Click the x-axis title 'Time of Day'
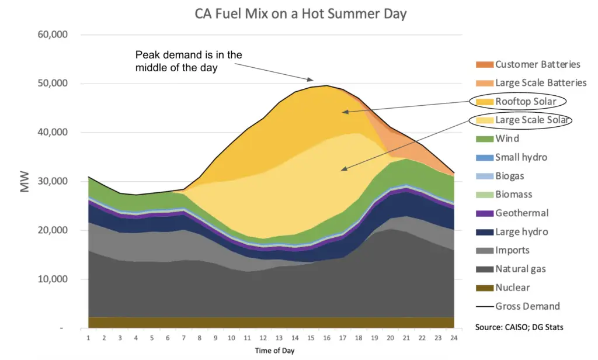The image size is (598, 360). pos(274,351)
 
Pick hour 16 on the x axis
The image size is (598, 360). pos(326,338)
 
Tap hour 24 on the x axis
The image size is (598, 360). pos(453,338)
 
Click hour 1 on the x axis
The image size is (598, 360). pos(88,338)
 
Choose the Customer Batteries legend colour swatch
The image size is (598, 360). pos(484,64)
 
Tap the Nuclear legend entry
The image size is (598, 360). pos(512,288)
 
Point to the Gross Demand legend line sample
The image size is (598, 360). pos(484,306)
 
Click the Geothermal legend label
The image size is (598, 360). pos(521,213)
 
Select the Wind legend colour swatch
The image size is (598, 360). pos(484,139)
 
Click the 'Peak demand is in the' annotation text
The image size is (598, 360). pos(189,55)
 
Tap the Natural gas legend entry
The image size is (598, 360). pos(520,269)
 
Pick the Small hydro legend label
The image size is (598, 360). pos(521,157)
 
